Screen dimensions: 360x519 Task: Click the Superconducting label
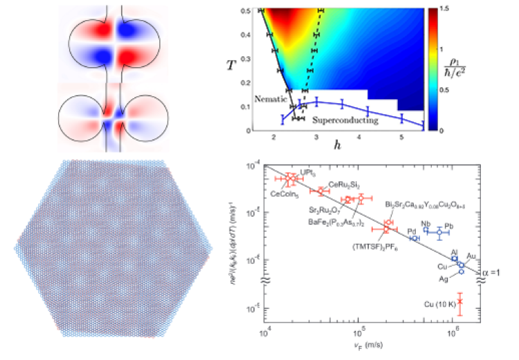point(345,120)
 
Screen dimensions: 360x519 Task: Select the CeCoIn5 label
point(282,195)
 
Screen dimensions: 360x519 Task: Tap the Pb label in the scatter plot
point(448,226)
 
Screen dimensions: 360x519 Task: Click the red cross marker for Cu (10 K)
point(459,302)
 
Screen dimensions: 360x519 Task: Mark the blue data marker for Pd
point(414,238)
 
